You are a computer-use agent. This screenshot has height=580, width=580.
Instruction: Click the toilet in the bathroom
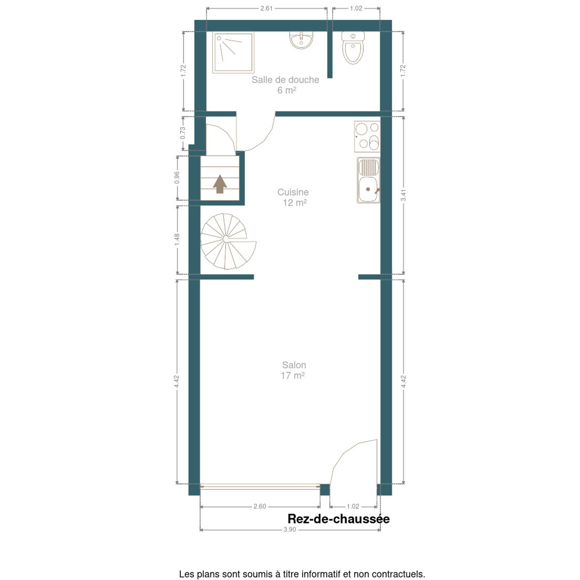353,48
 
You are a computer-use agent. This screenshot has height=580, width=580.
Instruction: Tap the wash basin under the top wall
301,40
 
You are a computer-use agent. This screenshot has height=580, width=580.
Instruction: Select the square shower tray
233,52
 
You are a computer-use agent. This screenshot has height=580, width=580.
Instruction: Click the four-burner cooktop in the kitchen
367,137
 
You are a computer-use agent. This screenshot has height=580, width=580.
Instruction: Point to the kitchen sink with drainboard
369,180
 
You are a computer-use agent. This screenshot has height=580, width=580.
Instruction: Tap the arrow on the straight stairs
220,184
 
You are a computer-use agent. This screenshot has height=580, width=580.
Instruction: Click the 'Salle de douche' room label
285,80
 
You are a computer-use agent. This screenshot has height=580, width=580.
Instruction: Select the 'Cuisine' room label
293,192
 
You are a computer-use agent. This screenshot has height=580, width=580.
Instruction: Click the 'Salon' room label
294,365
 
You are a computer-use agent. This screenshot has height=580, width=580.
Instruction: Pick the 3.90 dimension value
290,538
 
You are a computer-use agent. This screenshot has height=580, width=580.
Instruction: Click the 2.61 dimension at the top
266,8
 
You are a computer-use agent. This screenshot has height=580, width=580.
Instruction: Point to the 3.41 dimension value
404,195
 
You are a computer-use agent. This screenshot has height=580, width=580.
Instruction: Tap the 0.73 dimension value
183,133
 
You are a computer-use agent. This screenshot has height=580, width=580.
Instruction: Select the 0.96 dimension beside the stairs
177,178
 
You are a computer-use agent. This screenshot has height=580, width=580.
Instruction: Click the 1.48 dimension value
177,239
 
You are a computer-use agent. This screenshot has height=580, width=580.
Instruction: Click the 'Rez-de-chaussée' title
339,519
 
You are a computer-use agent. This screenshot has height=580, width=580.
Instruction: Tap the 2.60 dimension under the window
260,506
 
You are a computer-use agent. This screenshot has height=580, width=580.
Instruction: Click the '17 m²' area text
293,376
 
